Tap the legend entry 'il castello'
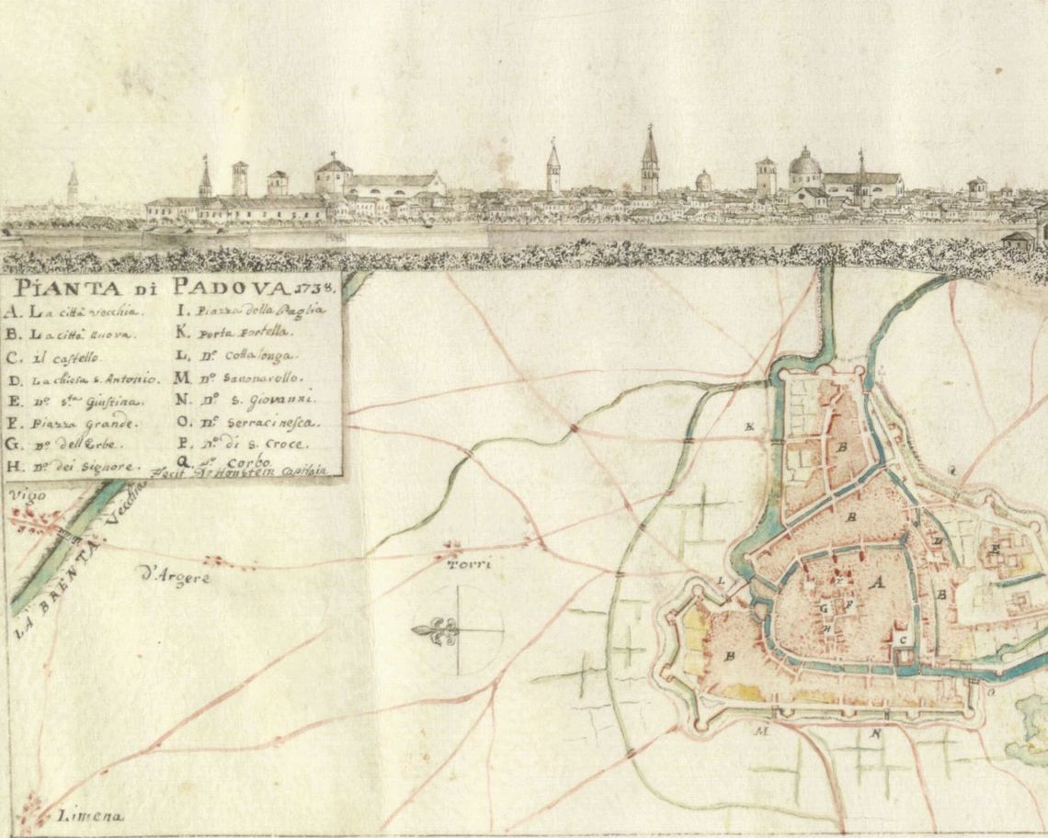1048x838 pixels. click(x=71, y=357)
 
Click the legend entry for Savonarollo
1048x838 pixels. click(x=252, y=378)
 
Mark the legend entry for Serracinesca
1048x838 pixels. click(x=260, y=423)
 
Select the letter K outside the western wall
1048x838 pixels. click(x=750, y=427)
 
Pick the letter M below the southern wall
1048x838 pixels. click(x=760, y=731)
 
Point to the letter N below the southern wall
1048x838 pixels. click(x=876, y=734)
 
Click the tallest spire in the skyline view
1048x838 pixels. click(x=649, y=161)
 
